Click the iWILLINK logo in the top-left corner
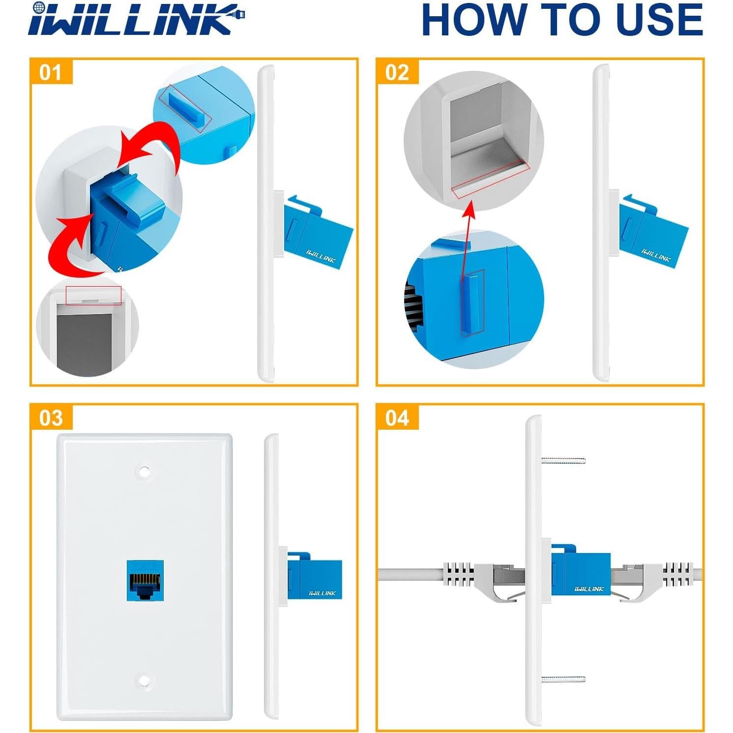[136, 20]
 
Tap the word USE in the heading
[659, 21]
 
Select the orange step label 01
[51, 72]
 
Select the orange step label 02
[397, 72]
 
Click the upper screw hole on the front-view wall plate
[144, 471]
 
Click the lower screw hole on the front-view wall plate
[144, 681]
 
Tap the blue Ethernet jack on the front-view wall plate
[145, 580]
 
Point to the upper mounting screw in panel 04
[563, 461]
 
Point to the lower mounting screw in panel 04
[563, 679]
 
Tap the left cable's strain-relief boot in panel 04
[460, 575]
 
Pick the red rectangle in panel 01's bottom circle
[93, 295]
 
